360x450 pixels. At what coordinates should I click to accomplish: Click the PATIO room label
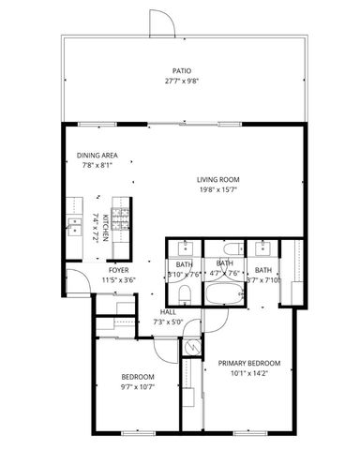click(x=182, y=70)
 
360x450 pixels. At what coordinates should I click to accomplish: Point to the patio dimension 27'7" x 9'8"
click(x=182, y=81)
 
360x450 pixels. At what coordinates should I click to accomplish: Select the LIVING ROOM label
click(x=218, y=180)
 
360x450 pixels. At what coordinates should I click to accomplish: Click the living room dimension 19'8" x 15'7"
click(x=218, y=190)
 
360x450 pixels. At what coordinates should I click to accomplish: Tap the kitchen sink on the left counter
click(x=74, y=226)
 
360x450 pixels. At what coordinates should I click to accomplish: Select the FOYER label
click(x=118, y=269)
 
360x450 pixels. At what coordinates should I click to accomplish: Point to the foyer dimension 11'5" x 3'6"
click(x=118, y=279)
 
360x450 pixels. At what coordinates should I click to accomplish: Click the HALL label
click(x=168, y=312)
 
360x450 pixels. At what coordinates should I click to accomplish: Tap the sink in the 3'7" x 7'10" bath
click(x=260, y=248)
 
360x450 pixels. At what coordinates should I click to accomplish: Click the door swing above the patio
click(x=160, y=22)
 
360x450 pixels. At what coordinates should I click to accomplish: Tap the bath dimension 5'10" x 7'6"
click(x=184, y=274)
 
